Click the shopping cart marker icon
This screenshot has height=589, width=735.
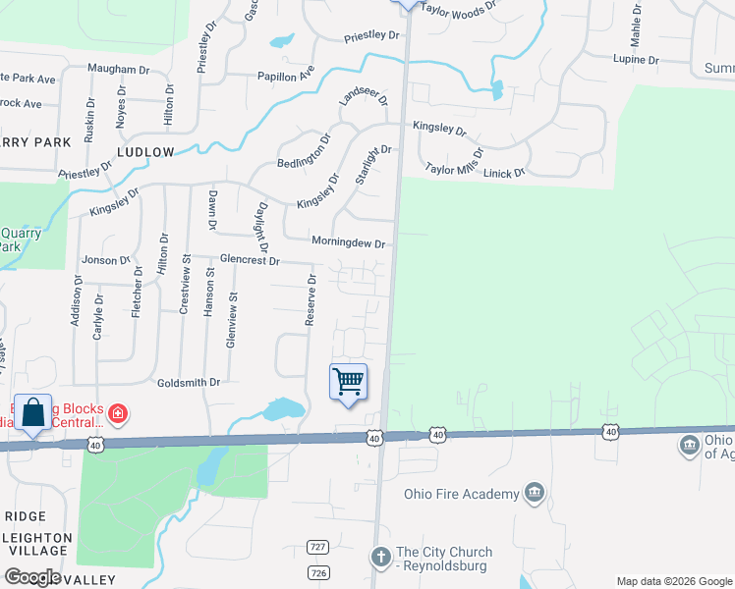(x=348, y=381)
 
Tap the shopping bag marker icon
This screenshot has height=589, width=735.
(x=32, y=411)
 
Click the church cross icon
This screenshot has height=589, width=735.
(x=380, y=558)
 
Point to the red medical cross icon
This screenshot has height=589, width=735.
(x=117, y=412)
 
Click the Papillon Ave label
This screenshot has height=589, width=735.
(x=286, y=76)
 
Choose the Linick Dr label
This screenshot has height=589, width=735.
(x=504, y=172)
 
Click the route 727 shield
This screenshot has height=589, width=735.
(x=316, y=547)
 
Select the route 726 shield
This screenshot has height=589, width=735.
(x=316, y=571)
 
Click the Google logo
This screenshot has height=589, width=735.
(x=32, y=577)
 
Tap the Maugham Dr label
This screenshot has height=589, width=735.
(x=117, y=69)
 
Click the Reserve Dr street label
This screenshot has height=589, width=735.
(x=311, y=300)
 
